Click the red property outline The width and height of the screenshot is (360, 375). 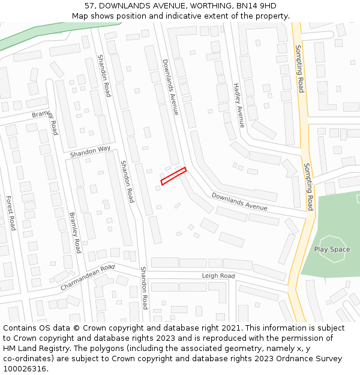pos(173,176)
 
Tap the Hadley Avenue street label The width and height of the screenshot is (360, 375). pos(238,105)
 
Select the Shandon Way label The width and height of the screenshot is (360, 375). pos(90,152)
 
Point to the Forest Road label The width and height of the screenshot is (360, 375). pos(10,212)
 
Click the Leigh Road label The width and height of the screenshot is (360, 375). pos(218,276)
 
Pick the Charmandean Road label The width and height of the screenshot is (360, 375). pos(87,277)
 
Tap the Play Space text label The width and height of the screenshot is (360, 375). pos(332,250)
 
